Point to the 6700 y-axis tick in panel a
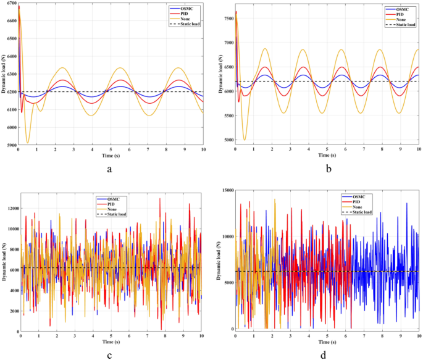tap(10, 4)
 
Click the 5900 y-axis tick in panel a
tap(10, 146)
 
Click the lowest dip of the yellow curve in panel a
tap(28, 143)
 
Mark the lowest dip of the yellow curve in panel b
tap(245, 140)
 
